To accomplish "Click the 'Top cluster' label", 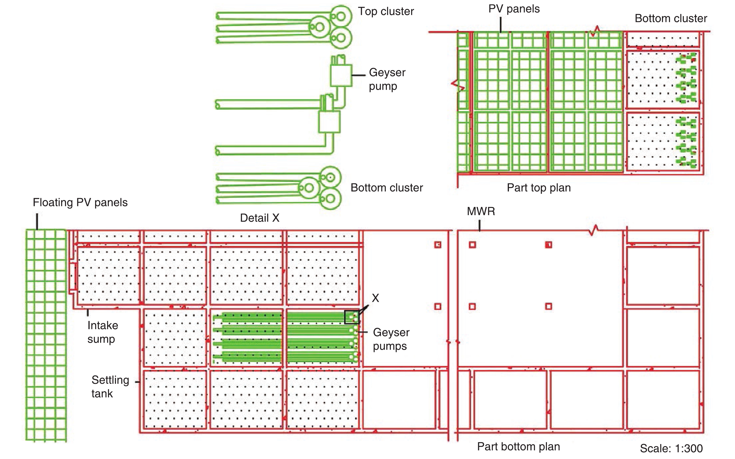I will tap(386, 11).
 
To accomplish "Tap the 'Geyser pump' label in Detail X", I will tap(387, 79).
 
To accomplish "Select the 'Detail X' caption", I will tap(259, 218).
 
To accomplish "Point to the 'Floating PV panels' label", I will tap(80, 203).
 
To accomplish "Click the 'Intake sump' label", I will tap(102, 332).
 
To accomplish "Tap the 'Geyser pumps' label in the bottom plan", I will tap(391, 339).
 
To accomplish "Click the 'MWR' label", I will tap(481, 211).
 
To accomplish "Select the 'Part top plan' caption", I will tap(539, 188).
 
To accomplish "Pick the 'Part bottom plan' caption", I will tap(518, 447).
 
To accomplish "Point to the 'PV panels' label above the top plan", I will tap(514, 9).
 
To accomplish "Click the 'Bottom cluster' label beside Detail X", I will tap(387, 188).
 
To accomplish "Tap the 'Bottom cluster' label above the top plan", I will tap(671, 18).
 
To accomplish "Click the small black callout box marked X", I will tap(352, 317).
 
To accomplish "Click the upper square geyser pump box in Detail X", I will tap(341, 75).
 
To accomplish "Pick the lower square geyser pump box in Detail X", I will tap(329, 122).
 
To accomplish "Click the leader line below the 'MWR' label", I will tap(479, 226).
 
